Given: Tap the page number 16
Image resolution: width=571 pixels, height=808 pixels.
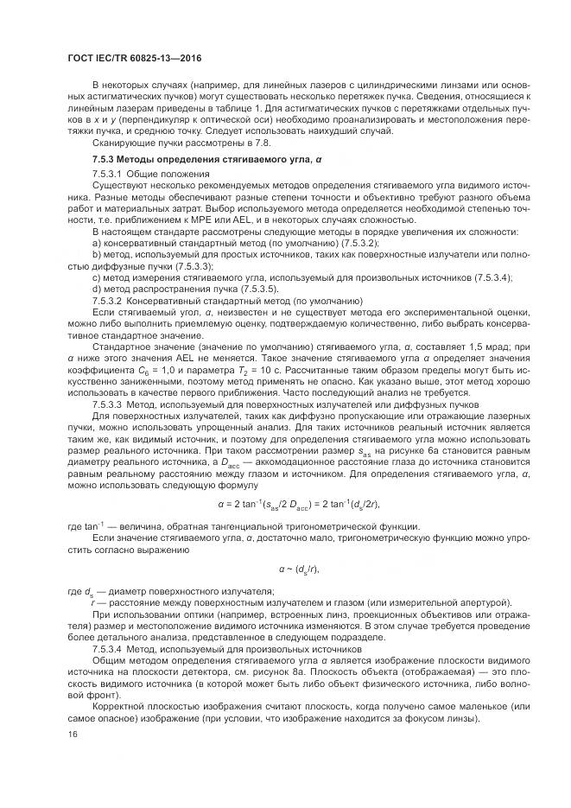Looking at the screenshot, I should point(71,734).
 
